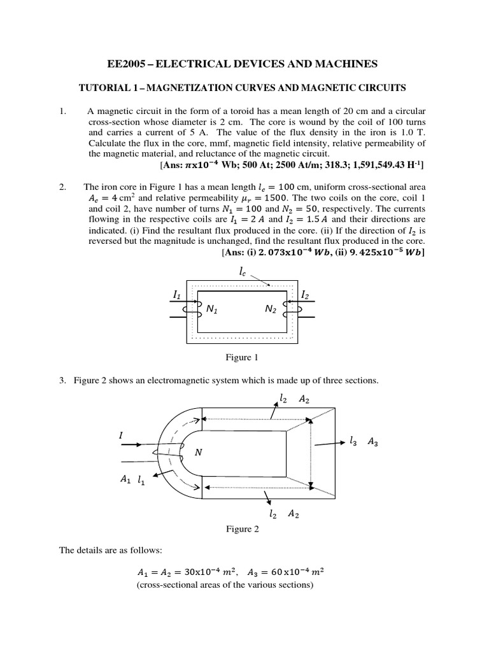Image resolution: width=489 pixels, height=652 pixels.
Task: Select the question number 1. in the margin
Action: (62, 111)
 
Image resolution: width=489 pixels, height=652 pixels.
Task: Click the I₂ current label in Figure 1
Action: (305, 295)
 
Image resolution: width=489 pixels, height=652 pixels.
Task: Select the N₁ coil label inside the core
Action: (212, 309)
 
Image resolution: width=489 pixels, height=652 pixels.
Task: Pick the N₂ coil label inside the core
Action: (272, 309)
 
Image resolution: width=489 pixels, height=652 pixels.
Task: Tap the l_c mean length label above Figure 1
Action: (243, 272)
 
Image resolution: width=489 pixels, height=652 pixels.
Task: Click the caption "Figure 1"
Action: (243, 358)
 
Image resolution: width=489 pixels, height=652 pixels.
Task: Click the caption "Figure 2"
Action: (243, 529)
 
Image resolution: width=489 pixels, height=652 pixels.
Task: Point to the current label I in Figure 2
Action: (121, 435)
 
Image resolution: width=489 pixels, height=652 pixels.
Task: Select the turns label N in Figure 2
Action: (198, 452)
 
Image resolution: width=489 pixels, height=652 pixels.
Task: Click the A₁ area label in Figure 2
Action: (124, 481)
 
